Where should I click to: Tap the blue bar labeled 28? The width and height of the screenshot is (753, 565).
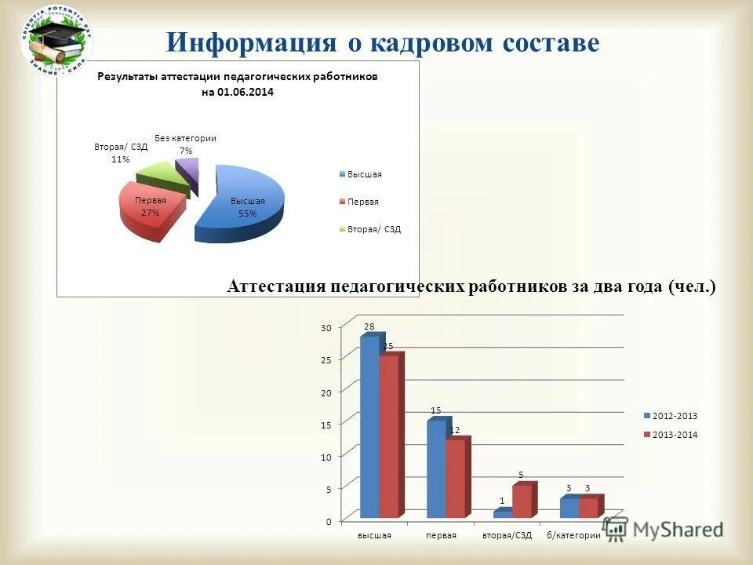tap(369, 428)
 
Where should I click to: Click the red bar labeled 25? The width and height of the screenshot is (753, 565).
tap(389, 436)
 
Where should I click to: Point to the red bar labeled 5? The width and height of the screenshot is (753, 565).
tap(522, 501)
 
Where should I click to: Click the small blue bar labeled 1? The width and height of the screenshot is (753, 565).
tap(502, 514)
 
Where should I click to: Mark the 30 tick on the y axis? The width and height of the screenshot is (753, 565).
tap(326, 327)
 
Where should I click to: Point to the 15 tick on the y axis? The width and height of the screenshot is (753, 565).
tap(326, 424)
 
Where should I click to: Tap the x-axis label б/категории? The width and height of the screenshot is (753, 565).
tap(574, 535)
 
